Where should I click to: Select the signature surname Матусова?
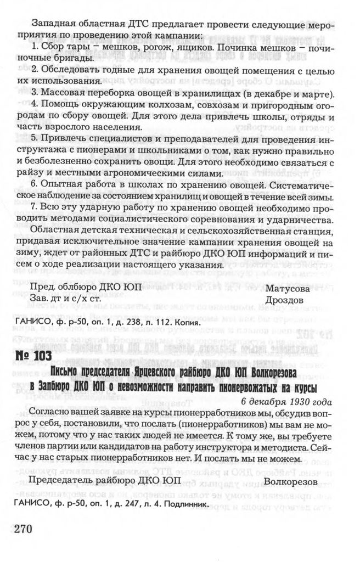coord(288,287)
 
